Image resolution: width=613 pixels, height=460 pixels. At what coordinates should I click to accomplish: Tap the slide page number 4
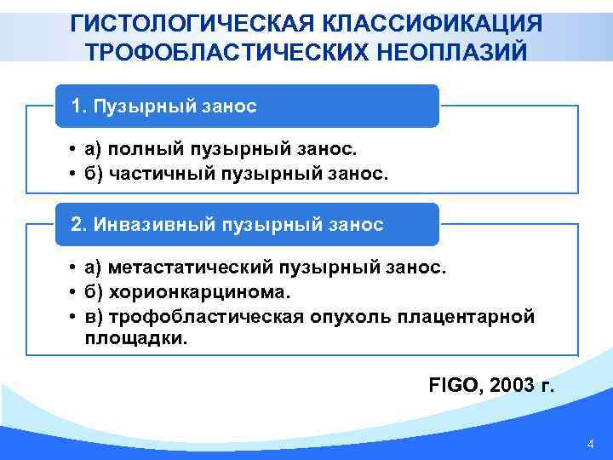(591, 445)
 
